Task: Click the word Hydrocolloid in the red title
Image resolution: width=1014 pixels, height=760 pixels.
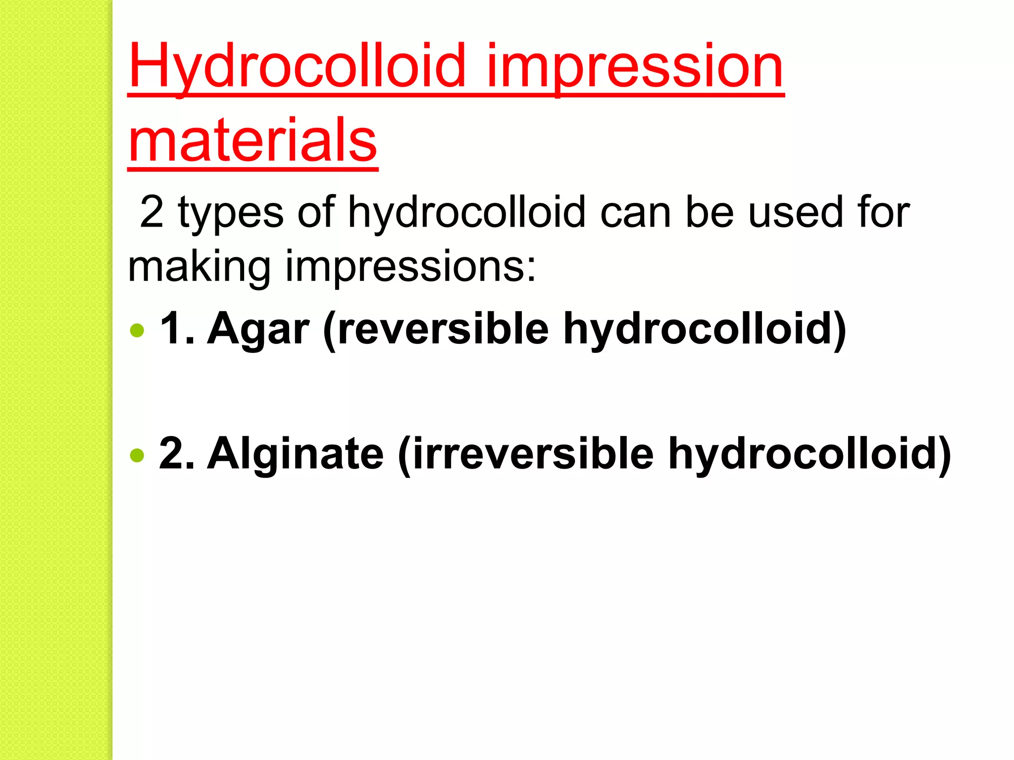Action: point(297,67)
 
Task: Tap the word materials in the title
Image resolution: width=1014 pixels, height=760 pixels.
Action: point(253,141)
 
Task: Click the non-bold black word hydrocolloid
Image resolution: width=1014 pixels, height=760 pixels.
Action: point(467,213)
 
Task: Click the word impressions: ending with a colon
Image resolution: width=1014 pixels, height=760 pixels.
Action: point(410,267)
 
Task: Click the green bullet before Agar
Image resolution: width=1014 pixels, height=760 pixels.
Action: point(137,330)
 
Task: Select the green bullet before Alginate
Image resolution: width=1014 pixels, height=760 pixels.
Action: point(137,455)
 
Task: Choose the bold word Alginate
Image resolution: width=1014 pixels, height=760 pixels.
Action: point(296,455)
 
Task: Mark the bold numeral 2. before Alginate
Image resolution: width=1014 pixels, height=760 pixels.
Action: point(176,454)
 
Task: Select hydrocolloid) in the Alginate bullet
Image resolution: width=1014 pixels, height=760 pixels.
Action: point(810,455)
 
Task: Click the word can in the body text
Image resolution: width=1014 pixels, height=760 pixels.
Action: point(636,213)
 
